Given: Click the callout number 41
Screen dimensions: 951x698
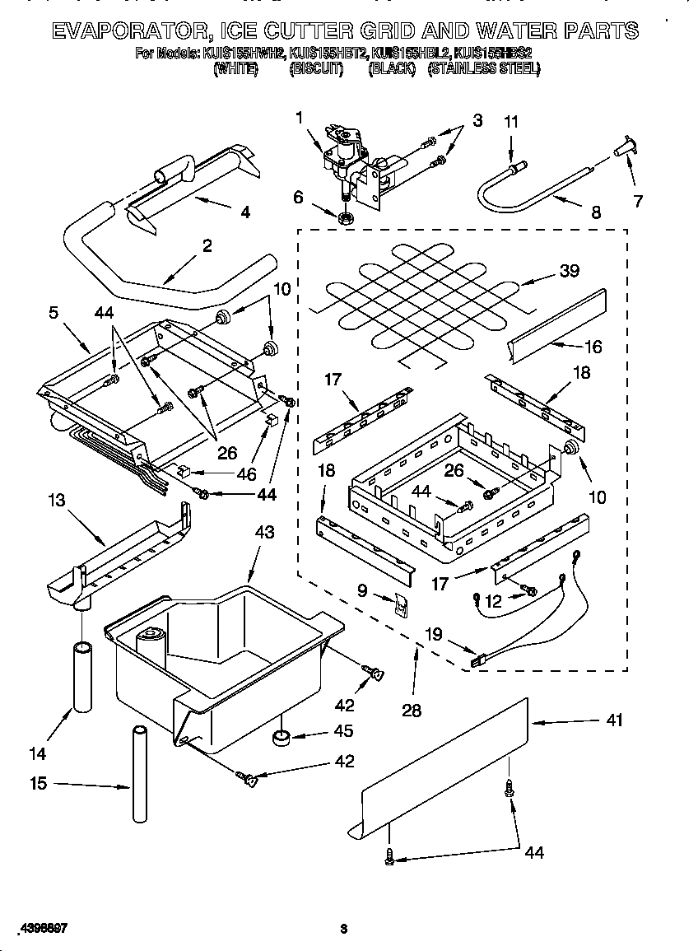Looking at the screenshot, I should point(613,720).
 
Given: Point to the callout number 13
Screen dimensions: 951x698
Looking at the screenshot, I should point(56,501).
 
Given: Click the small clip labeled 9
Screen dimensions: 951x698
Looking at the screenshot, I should point(399,607).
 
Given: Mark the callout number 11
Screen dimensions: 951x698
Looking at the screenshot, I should point(510,122).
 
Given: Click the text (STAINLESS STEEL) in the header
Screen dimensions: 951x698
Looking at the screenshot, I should point(484,70).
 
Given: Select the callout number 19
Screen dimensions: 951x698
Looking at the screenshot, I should point(434,635).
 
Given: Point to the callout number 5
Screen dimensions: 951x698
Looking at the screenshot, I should point(54,312).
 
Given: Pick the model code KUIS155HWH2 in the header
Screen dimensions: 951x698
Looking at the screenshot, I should point(244,55).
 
